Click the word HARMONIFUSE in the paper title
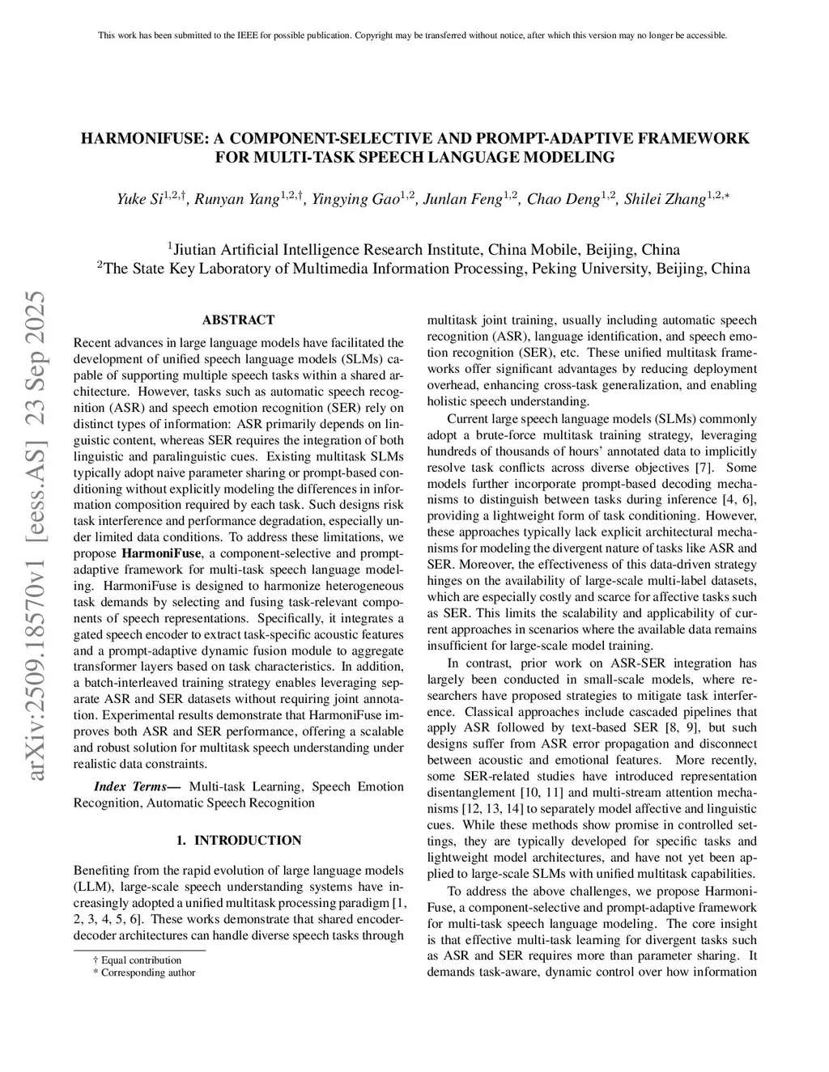tap(139, 138)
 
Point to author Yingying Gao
tap(356, 199)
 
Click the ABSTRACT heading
tap(238, 320)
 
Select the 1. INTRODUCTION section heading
tap(238, 841)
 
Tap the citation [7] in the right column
tap(703, 468)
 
